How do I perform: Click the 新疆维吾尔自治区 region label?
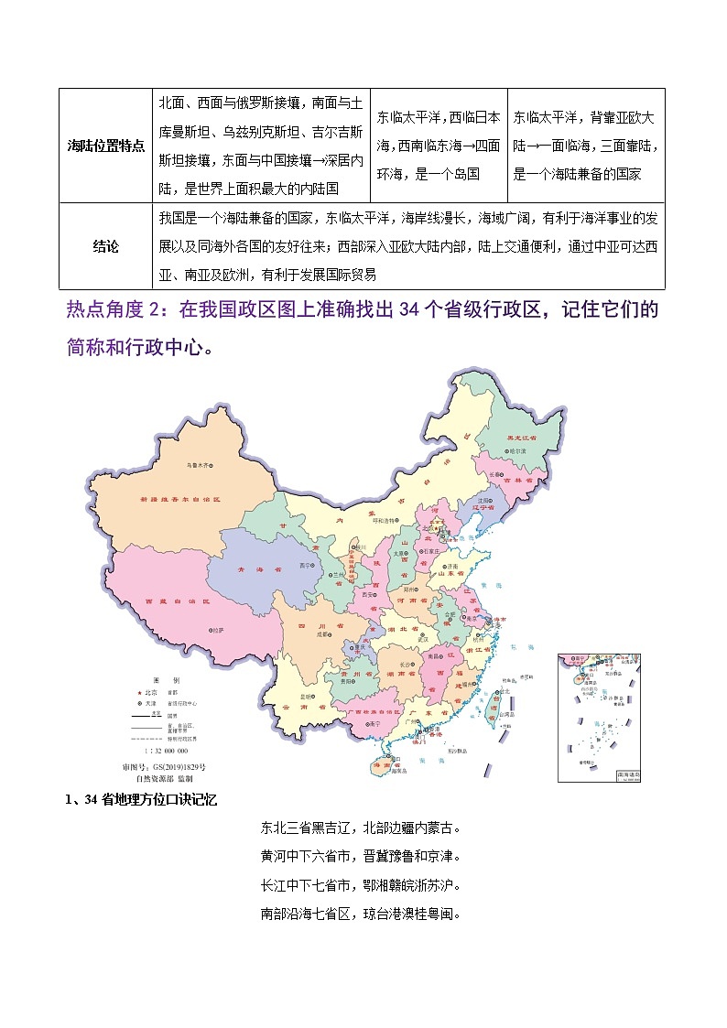181,500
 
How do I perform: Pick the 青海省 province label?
252,569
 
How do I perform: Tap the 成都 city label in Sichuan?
321,632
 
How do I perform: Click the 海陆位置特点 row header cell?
106,146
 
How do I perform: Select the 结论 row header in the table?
106,246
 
